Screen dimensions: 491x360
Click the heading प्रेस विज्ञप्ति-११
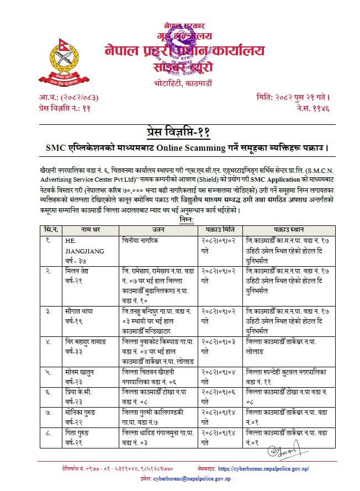coord(180,133)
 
